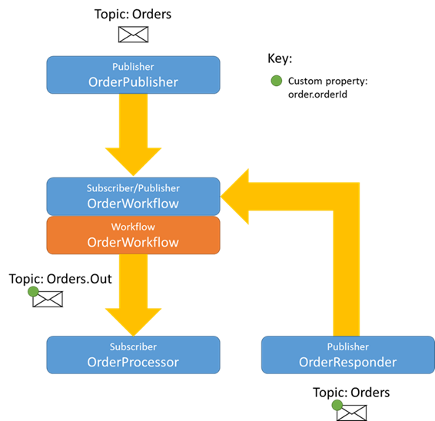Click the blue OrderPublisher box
click(133, 75)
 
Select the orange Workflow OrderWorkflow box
click(133, 235)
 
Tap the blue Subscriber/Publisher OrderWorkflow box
click(133, 197)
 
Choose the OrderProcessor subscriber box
click(133, 355)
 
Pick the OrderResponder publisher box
click(348, 355)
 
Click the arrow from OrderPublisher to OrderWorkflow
click(133, 134)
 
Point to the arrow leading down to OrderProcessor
click(133, 295)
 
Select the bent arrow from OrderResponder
click(346, 197)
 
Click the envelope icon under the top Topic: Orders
click(134, 35)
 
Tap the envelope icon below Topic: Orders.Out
click(48, 300)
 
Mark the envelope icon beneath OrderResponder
click(351, 413)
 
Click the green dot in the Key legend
click(277, 81)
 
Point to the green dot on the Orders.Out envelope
click(33, 291)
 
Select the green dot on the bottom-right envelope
click(337, 405)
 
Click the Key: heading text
click(280, 58)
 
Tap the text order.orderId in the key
click(317, 94)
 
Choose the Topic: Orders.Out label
click(61, 279)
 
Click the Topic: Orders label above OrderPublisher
click(133, 14)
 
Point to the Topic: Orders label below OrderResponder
click(351, 393)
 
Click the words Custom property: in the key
click(328, 81)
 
